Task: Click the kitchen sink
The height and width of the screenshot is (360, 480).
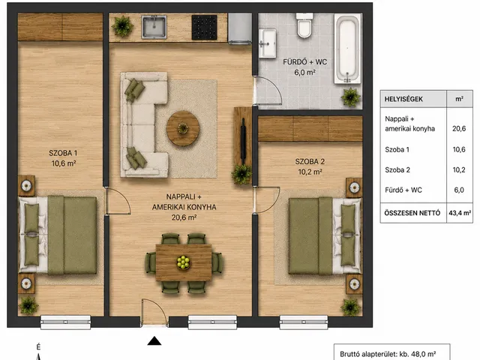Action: tap(154, 27)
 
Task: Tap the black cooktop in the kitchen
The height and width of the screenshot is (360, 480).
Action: tap(204, 27)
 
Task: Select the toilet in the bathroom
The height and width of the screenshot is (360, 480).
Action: tap(304, 25)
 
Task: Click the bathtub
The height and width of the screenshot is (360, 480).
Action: tap(347, 48)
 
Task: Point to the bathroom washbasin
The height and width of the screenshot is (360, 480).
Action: tap(267, 43)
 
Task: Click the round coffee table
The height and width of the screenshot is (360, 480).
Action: tap(183, 128)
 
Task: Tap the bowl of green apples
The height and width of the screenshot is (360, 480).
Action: tap(183, 262)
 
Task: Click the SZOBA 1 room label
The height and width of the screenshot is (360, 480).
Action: tap(63, 153)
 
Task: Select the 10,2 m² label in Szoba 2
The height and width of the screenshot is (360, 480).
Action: tap(310, 172)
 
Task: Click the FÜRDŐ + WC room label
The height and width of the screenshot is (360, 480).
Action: tap(305, 62)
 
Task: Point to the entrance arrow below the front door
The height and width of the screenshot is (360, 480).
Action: tap(154, 341)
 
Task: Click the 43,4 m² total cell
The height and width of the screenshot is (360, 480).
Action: tap(460, 213)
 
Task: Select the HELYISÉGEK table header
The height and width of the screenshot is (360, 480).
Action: tap(403, 99)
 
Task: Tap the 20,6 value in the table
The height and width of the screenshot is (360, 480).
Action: tap(459, 128)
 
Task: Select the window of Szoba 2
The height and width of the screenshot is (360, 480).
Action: tap(304, 322)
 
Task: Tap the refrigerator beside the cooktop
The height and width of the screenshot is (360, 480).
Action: tap(240, 28)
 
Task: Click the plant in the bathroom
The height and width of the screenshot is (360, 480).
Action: tap(351, 97)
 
